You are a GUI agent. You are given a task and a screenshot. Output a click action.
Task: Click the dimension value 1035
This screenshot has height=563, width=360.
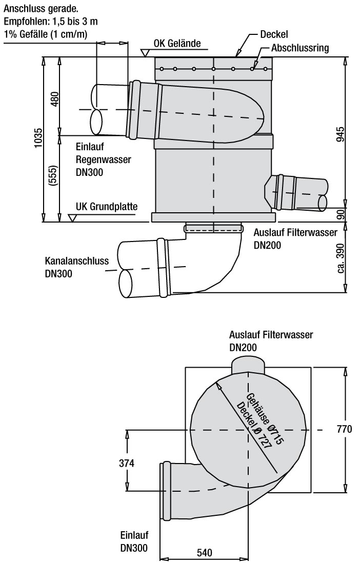tap(37, 138)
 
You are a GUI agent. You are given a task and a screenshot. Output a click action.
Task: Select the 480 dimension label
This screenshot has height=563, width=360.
tap(55, 99)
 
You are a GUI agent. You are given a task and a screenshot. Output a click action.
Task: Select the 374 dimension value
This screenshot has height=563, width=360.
tap(126, 463)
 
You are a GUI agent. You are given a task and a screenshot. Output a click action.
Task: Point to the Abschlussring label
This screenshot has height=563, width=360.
tap(300, 48)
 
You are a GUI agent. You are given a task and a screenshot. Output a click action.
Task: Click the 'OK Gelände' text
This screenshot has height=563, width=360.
tap(177, 43)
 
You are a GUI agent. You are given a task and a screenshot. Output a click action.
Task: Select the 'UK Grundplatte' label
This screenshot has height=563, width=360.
tap(106, 207)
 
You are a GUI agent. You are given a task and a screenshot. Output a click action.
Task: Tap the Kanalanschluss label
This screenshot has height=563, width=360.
tap(77, 260)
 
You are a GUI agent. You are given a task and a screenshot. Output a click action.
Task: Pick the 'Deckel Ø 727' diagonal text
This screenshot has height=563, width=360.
tap(254, 426)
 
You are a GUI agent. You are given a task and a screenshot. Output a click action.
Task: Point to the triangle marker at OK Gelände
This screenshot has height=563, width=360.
tap(145, 52)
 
